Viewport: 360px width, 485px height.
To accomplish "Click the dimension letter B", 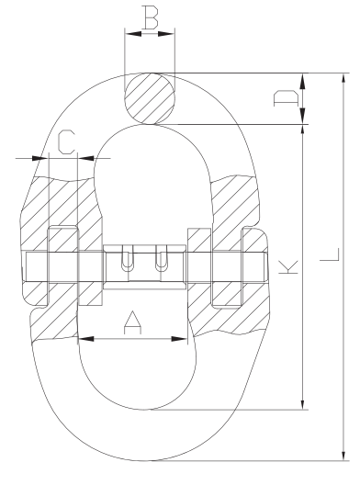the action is pos(151,17).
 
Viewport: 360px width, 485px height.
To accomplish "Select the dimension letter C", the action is pos(66,142).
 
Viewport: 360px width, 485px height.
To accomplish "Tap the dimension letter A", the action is pos(132,322).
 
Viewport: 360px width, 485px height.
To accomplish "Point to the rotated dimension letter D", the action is pos(287,98).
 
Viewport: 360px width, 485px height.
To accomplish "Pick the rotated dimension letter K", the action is pos(288,267).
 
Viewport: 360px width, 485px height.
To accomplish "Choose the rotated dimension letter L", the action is pos(330,254).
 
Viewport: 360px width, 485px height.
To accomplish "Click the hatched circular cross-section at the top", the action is pos(150,98).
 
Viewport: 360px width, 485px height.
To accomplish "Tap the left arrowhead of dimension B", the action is pos(133,33).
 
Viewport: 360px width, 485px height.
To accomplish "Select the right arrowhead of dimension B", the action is pos(166,33).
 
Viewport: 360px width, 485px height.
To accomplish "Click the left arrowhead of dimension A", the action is pos(85,339).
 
